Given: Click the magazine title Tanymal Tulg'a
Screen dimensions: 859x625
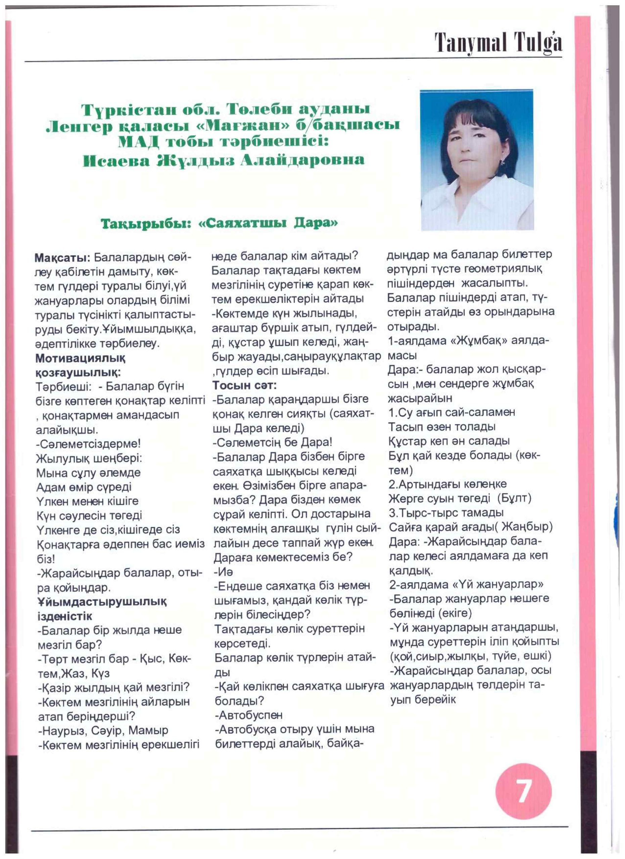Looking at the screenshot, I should coord(498,43).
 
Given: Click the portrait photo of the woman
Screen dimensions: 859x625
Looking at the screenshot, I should coord(477,159).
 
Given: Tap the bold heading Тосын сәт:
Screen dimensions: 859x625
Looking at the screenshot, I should coord(244,385).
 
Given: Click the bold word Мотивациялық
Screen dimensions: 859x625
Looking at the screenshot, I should coord(81,358).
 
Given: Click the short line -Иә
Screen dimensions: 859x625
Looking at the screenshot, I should coord(223,571).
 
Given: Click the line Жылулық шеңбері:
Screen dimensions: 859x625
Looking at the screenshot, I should coord(89,458).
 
